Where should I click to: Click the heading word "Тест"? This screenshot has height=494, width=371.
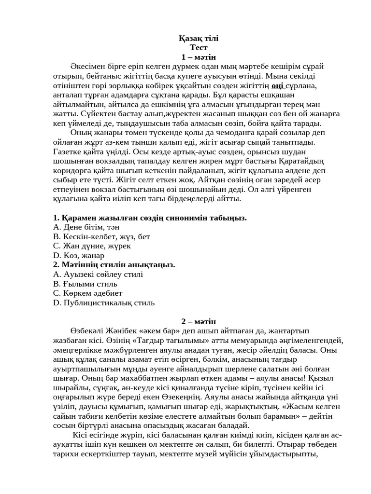[199, 48]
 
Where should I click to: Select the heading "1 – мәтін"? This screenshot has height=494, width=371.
[199, 57]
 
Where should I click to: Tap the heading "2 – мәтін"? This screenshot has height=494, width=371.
[199, 321]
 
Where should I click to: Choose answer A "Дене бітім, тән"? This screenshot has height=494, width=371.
[86, 227]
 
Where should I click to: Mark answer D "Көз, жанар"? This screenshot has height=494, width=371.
[79, 256]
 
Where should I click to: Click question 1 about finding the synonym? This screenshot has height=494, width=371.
[150, 218]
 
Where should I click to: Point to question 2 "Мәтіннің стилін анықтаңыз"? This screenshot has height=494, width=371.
[114, 265]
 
